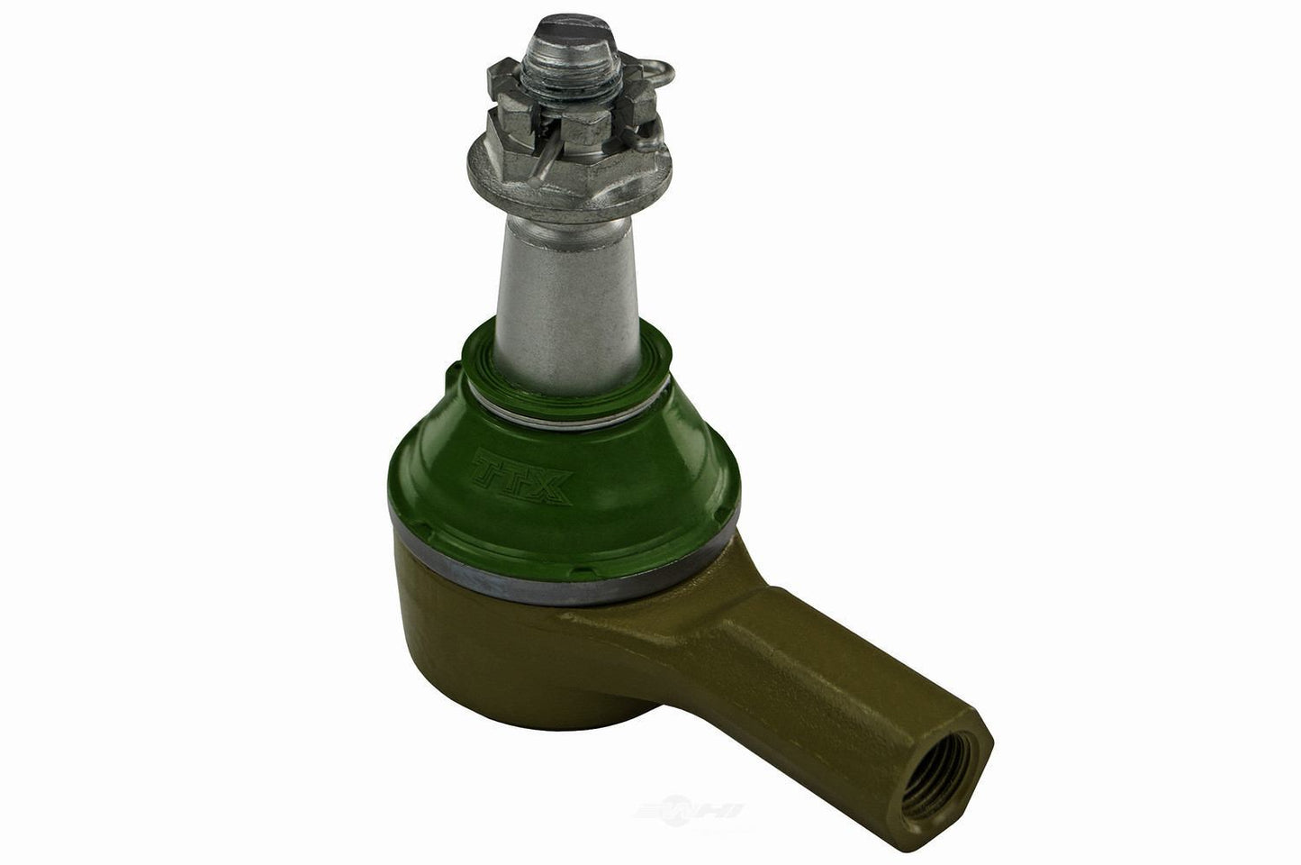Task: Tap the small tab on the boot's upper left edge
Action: click(x=447, y=370)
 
